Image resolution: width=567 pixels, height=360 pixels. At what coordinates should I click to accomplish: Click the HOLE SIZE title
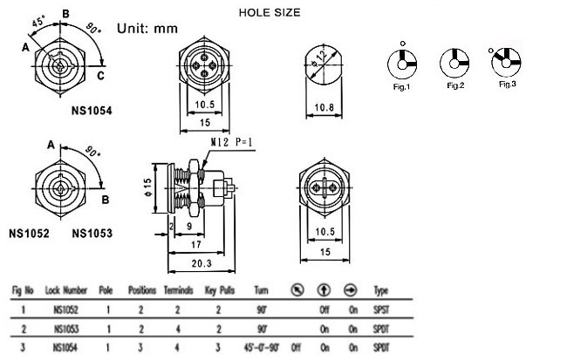[x=270, y=13]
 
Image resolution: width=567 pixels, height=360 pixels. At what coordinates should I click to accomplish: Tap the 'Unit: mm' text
[x=147, y=29]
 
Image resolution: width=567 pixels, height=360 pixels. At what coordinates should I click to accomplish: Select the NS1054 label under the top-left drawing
[x=92, y=111]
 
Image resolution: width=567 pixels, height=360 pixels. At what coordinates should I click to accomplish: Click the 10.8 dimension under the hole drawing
[x=324, y=107]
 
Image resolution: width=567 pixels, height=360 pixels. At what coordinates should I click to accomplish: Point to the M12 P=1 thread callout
[x=231, y=142]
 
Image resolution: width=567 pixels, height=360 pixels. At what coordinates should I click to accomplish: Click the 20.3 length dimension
[x=202, y=263]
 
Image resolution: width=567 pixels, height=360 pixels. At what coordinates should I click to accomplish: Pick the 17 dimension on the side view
[x=196, y=245]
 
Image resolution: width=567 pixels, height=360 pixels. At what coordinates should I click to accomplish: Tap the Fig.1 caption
[x=401, y=87]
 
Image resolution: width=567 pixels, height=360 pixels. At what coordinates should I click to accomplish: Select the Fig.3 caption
[x=508, y=85]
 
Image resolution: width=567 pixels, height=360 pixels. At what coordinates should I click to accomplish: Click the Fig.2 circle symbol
[x=454, y=64]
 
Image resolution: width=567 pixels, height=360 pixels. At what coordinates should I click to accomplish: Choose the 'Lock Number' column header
[x=66, y=290]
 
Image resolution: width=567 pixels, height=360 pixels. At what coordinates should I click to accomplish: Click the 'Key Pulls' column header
[x=220, y=290]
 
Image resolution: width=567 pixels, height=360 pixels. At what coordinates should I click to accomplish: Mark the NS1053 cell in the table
[x=66, y=329]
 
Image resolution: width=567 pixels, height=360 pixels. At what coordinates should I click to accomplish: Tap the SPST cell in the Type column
[x=381, y=309]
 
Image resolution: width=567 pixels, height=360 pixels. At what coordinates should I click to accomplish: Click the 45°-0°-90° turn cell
[x=262, y=348]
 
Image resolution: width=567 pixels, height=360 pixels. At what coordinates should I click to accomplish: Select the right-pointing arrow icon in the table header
[x=350, y=290]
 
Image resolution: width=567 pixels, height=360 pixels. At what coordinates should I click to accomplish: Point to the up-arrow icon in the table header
[x=324, y=290]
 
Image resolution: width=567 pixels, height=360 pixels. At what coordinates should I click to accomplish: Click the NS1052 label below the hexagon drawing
[x=29, y=233]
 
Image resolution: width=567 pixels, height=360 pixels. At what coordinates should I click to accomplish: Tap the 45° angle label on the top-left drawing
[x=38, y=21]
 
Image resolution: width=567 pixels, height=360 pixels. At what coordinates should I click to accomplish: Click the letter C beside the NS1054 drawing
[x=101, y=76]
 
